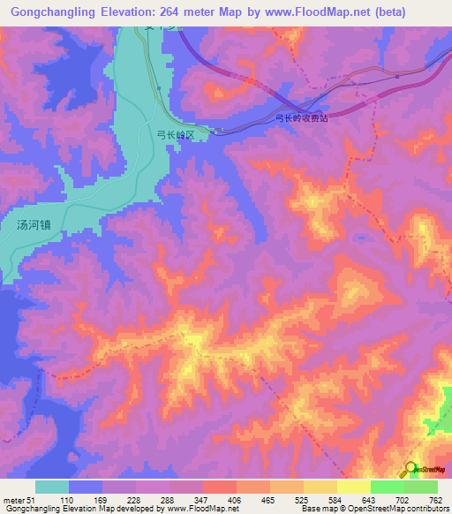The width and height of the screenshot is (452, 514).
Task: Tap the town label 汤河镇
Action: pyautogui.click(x=39, y=224)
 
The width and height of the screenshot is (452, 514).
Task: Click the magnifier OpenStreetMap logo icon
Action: pyautogui.click(x=410, y=468)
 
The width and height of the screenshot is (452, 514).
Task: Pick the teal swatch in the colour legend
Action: pyautogui.click(x=52, y=487)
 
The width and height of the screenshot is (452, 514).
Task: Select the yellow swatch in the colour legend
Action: pyautogui.click(x=353, y=487)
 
